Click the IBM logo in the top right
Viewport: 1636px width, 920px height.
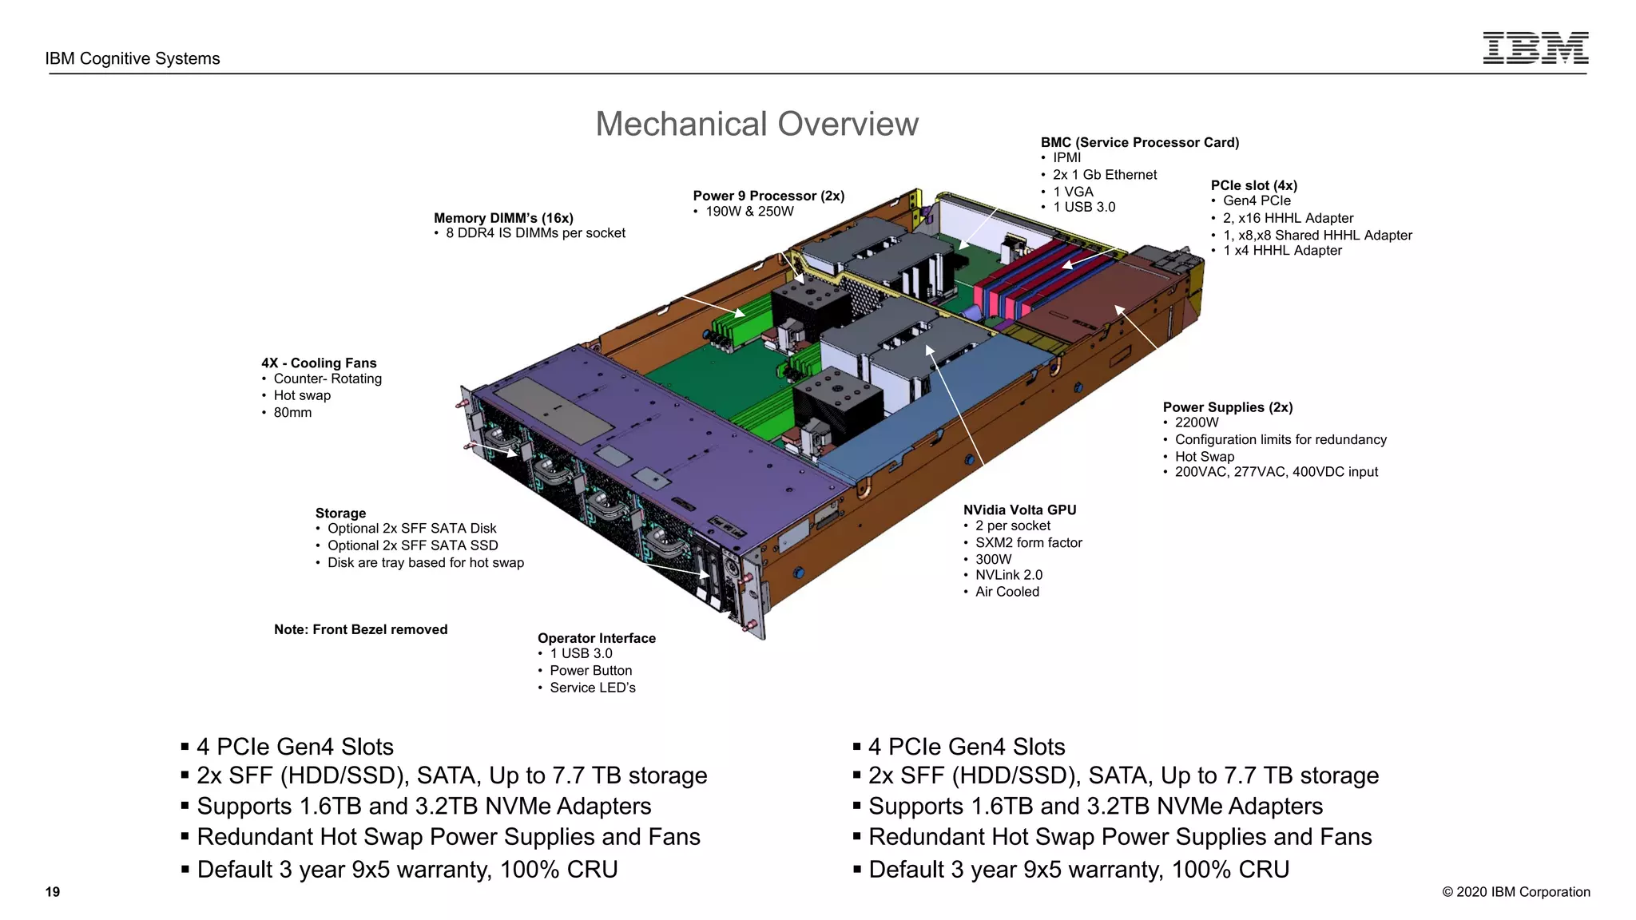click(1535, 48)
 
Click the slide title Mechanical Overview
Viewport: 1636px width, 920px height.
click(756, 125)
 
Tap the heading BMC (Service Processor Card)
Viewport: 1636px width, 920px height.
click(1139, 142)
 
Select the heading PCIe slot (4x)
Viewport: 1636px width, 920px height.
click(1253, 185)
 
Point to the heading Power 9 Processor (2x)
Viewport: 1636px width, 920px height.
click(768, 196)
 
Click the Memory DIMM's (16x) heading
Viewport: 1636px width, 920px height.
click(503, 218)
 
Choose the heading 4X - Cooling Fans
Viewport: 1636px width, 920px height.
click(319, 363)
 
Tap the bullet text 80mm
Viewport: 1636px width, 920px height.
click(292, 413)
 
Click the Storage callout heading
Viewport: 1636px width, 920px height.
click(340, 513)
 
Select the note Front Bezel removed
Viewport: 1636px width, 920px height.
click(360, 629)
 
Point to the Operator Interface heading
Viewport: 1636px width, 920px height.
click(596, 638)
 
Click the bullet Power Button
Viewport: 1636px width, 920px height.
click(590, 671)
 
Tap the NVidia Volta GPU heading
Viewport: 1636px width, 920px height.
click(1019, 510)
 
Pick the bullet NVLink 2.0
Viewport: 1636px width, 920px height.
click(1008, 575)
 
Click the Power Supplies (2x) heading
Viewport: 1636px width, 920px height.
click(1227, 407)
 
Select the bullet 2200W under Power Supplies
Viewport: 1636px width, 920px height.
click(1197, 422)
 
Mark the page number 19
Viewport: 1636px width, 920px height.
click(53, 892)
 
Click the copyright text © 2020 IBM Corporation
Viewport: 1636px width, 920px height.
click(1515, 892)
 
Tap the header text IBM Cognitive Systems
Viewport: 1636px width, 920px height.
click(133, 58)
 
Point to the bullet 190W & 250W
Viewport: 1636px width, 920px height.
click(749, 212)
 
